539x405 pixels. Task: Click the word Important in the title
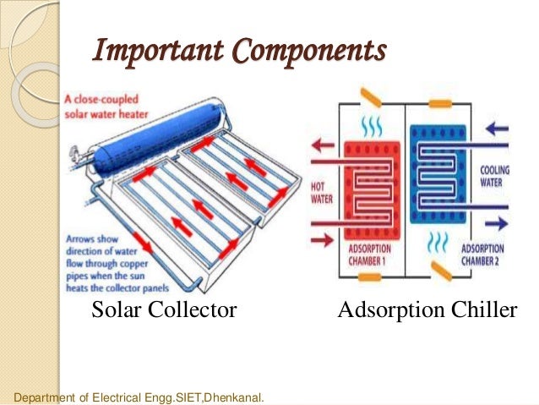(152, 52)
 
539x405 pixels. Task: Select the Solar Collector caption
(164, 311)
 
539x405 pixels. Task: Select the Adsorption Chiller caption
(427, 311)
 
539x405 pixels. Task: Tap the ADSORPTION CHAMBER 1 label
(373, 255)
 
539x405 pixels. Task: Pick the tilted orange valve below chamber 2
(440, 271)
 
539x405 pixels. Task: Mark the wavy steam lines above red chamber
(371, 128)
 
